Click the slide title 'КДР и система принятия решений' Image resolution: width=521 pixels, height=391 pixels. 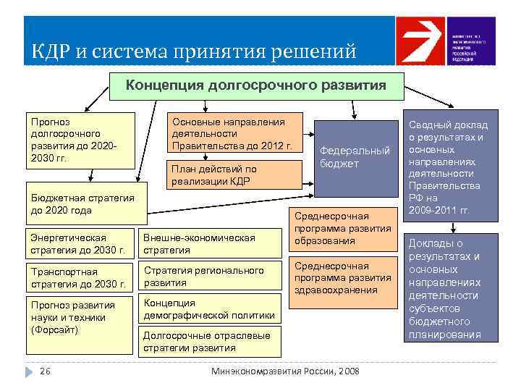coord(194,52)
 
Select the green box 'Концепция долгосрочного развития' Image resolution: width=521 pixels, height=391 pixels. coord(256,85)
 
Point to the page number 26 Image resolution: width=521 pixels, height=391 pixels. coord(45,371)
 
